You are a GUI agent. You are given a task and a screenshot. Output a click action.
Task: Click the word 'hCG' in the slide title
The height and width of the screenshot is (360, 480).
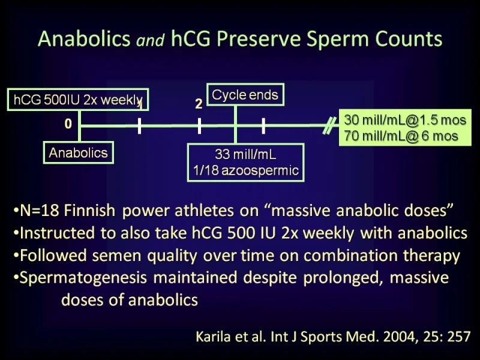point(191,39)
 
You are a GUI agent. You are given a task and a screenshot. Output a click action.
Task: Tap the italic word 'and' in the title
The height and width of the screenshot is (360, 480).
point(150,40)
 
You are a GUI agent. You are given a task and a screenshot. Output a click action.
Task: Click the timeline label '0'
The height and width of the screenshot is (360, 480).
point(68,124)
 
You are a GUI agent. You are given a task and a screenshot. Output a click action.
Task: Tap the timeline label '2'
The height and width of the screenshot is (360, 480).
point(199,104)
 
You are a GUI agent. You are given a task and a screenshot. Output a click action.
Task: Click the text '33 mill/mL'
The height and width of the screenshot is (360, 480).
point(245,154)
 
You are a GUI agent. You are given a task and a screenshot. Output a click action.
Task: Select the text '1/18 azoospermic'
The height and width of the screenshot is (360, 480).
point(246,170)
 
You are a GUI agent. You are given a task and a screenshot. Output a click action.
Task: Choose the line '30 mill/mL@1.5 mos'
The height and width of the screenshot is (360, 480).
point(405,120)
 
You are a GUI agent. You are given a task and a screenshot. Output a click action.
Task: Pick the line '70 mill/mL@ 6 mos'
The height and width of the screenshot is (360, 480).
point(401,136)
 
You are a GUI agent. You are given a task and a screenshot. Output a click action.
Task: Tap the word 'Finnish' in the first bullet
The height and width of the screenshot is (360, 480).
point(89,211)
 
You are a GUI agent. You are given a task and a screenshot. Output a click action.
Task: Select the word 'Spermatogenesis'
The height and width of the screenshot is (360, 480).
point(83,278)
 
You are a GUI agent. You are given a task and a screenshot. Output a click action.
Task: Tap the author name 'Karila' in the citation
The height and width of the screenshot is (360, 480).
point(213,337)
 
